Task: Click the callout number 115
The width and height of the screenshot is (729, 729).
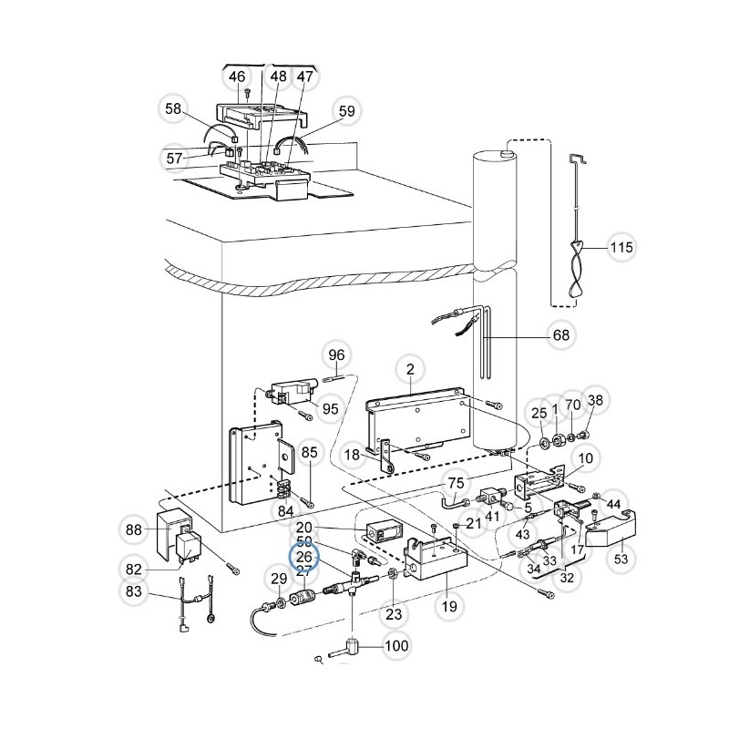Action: (621, 247)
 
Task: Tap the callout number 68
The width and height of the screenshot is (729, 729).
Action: (561, 335)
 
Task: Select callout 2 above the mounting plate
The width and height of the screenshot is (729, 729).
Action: (410, 369)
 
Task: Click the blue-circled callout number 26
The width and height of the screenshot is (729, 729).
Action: (303, 556)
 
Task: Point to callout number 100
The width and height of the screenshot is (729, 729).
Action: (396, 647)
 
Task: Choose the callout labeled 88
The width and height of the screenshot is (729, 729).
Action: (134, 529)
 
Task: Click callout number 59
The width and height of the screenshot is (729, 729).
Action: (346, 112)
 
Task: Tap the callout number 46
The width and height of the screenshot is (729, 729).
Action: (237, 77)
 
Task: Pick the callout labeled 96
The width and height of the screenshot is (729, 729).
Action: (337, 354)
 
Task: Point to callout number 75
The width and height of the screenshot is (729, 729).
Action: (456, 483)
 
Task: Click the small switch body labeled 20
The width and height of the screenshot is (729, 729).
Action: (383, 529)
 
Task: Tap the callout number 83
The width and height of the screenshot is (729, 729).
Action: (134, 592)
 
